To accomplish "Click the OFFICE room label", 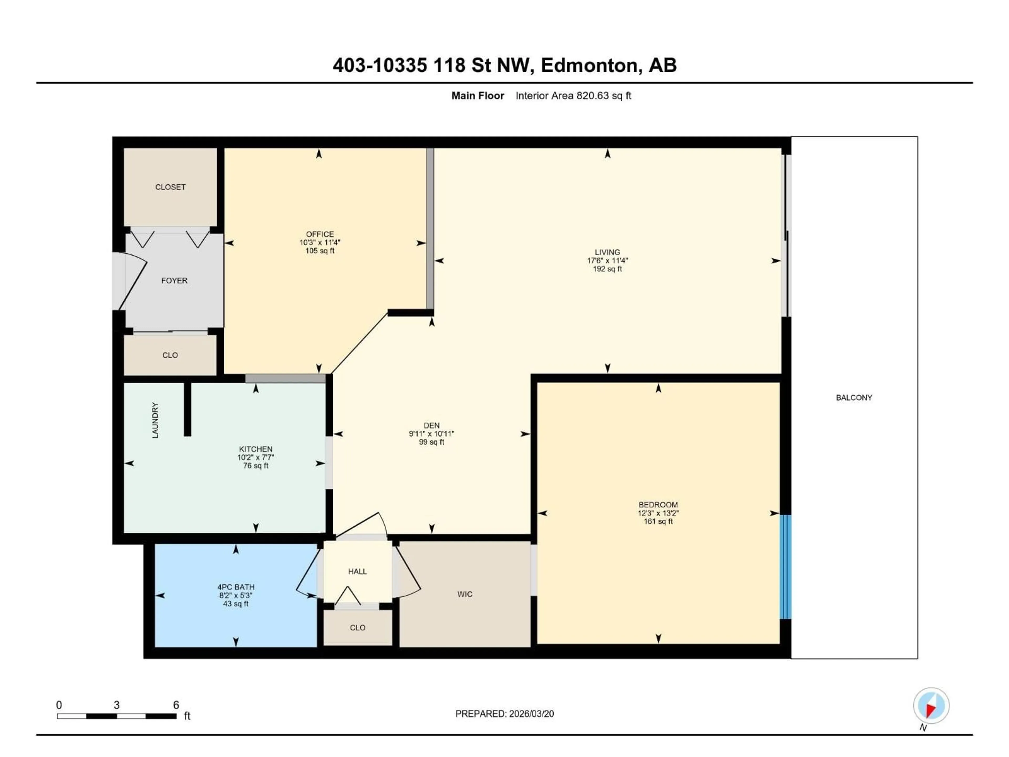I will (320, 234).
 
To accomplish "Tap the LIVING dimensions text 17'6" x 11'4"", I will (607, 260).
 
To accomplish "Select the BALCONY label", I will (854, 397).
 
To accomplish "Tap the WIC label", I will (465, 594).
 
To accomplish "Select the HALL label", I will (357, 571).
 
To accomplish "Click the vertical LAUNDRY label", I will (155, 420).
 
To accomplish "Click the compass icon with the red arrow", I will (931, 705).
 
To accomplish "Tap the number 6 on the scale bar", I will (176, 705).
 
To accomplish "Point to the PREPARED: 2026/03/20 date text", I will (504, 714).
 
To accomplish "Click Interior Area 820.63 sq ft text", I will (573, 96).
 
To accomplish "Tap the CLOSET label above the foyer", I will (170, 187).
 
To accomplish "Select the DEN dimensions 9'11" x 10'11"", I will (431, 434).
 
